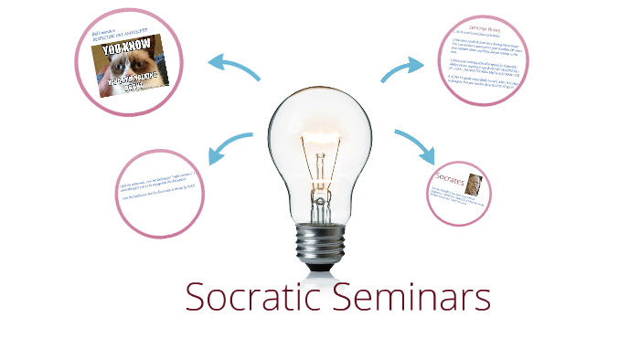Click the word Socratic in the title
click(251, 298)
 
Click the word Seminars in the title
click(410, 298)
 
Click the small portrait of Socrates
click(475, 181)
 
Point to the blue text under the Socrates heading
click(457, 198)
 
